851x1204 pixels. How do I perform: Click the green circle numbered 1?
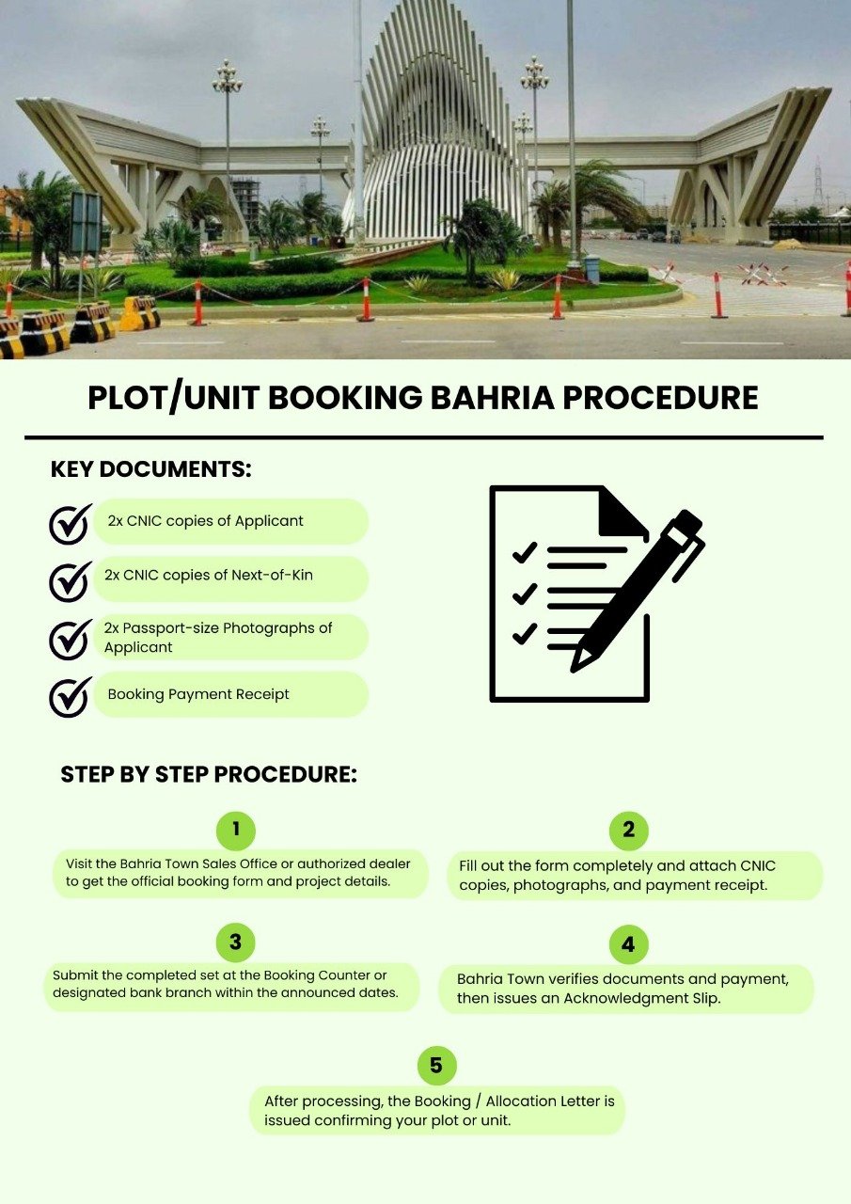(x=236, y=830)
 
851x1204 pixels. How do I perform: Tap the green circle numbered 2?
(x=628, y=831)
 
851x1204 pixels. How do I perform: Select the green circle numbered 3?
(x=235, y=943)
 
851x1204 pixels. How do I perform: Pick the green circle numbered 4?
(x=628, y=944)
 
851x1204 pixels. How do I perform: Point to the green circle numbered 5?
(x=436, y=1066)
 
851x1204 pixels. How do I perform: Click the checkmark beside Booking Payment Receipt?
(x=70, y=697)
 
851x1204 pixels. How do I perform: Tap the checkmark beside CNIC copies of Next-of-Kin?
(x=70, y=581)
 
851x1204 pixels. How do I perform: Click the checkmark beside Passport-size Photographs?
(x=70, y=639)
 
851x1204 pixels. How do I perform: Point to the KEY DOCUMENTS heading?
(x=150, y=469)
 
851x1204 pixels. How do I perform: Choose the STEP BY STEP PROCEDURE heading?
(x=209, y=775)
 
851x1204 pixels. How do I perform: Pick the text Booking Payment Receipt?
(x=198, y=694)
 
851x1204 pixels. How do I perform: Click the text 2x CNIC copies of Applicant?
(x=205, y=520)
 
